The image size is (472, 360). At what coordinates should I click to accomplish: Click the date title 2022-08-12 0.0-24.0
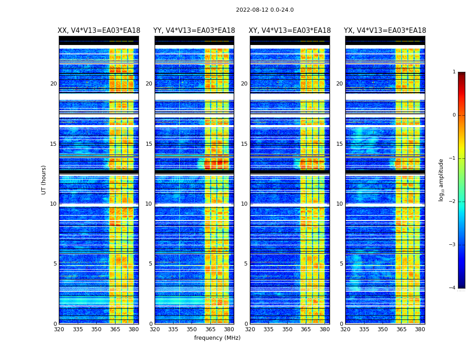[265, 10]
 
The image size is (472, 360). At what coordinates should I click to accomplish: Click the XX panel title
[99, 31]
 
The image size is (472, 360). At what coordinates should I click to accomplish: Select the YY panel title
[194, 31]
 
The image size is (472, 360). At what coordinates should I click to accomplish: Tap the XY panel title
[290, 31]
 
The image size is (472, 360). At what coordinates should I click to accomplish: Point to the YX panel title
[385, 31]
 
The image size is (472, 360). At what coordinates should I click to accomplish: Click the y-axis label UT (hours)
[44, 180]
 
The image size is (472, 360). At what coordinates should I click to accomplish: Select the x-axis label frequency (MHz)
[217, 338]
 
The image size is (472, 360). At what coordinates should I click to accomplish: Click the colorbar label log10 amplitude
[441, 180]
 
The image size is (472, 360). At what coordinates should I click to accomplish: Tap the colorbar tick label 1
[454, 72]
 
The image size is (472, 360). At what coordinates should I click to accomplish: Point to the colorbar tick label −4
[453, 288]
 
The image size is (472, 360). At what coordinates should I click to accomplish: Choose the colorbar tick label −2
[453, 202]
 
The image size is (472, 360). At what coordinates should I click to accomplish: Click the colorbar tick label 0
[454, 115]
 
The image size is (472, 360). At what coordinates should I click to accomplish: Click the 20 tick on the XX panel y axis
[53, 84]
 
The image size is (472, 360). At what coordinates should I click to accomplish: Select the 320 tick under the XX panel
[59, 329]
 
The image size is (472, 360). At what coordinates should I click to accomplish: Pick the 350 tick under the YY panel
[192, 329]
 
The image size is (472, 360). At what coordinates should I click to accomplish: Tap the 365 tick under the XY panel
[306, 329]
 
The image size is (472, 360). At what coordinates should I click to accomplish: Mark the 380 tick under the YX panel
[420, 329]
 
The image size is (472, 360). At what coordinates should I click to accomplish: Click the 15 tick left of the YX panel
[340, 144]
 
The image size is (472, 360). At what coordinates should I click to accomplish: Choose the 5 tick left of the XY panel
[246, 264]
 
